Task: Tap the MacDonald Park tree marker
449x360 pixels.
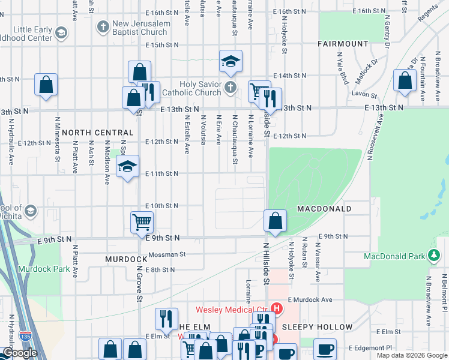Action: [x=433, y=257]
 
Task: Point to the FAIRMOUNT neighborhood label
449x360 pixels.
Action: [x=343, y=44]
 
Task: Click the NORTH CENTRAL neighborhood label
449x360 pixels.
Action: [x=97, y=132]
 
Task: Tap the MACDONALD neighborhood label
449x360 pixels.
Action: [x=324, y=208]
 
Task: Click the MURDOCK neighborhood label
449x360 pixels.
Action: [x=126, y=259]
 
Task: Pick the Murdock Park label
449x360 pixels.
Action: [x=44, y=269]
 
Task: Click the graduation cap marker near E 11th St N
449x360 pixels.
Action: [x=127, y=167]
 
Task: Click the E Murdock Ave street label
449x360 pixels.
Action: [x=310, y=299]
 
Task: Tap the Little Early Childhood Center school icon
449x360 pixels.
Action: [x=61, y=32]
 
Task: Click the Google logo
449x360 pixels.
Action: [x=20, y=353]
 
